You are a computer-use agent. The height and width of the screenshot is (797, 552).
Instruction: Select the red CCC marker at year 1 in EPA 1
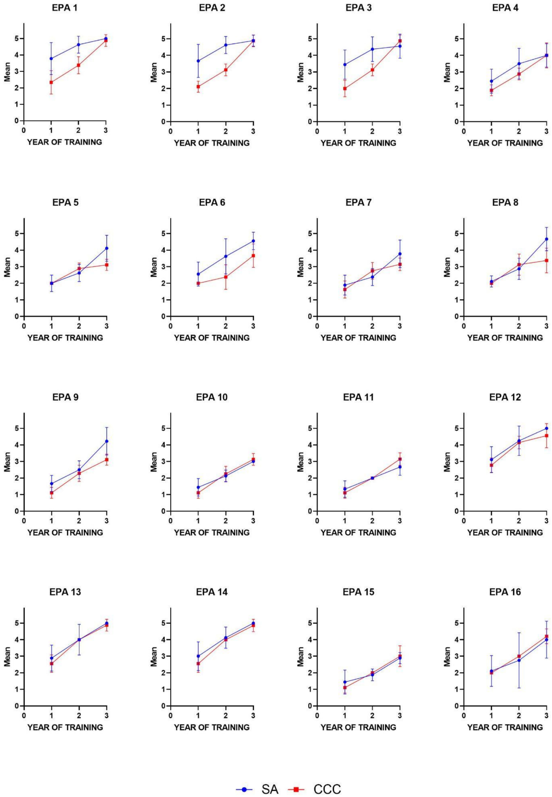pos(51,82)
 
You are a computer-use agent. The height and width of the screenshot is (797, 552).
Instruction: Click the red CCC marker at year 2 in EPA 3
pos(372,70)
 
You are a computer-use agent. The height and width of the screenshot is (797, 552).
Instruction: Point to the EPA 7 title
pos(359,203)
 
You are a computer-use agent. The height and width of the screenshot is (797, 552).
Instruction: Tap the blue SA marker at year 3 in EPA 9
pos(107,441)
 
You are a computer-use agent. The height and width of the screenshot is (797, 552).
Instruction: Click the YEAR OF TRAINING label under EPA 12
pos(505,533)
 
